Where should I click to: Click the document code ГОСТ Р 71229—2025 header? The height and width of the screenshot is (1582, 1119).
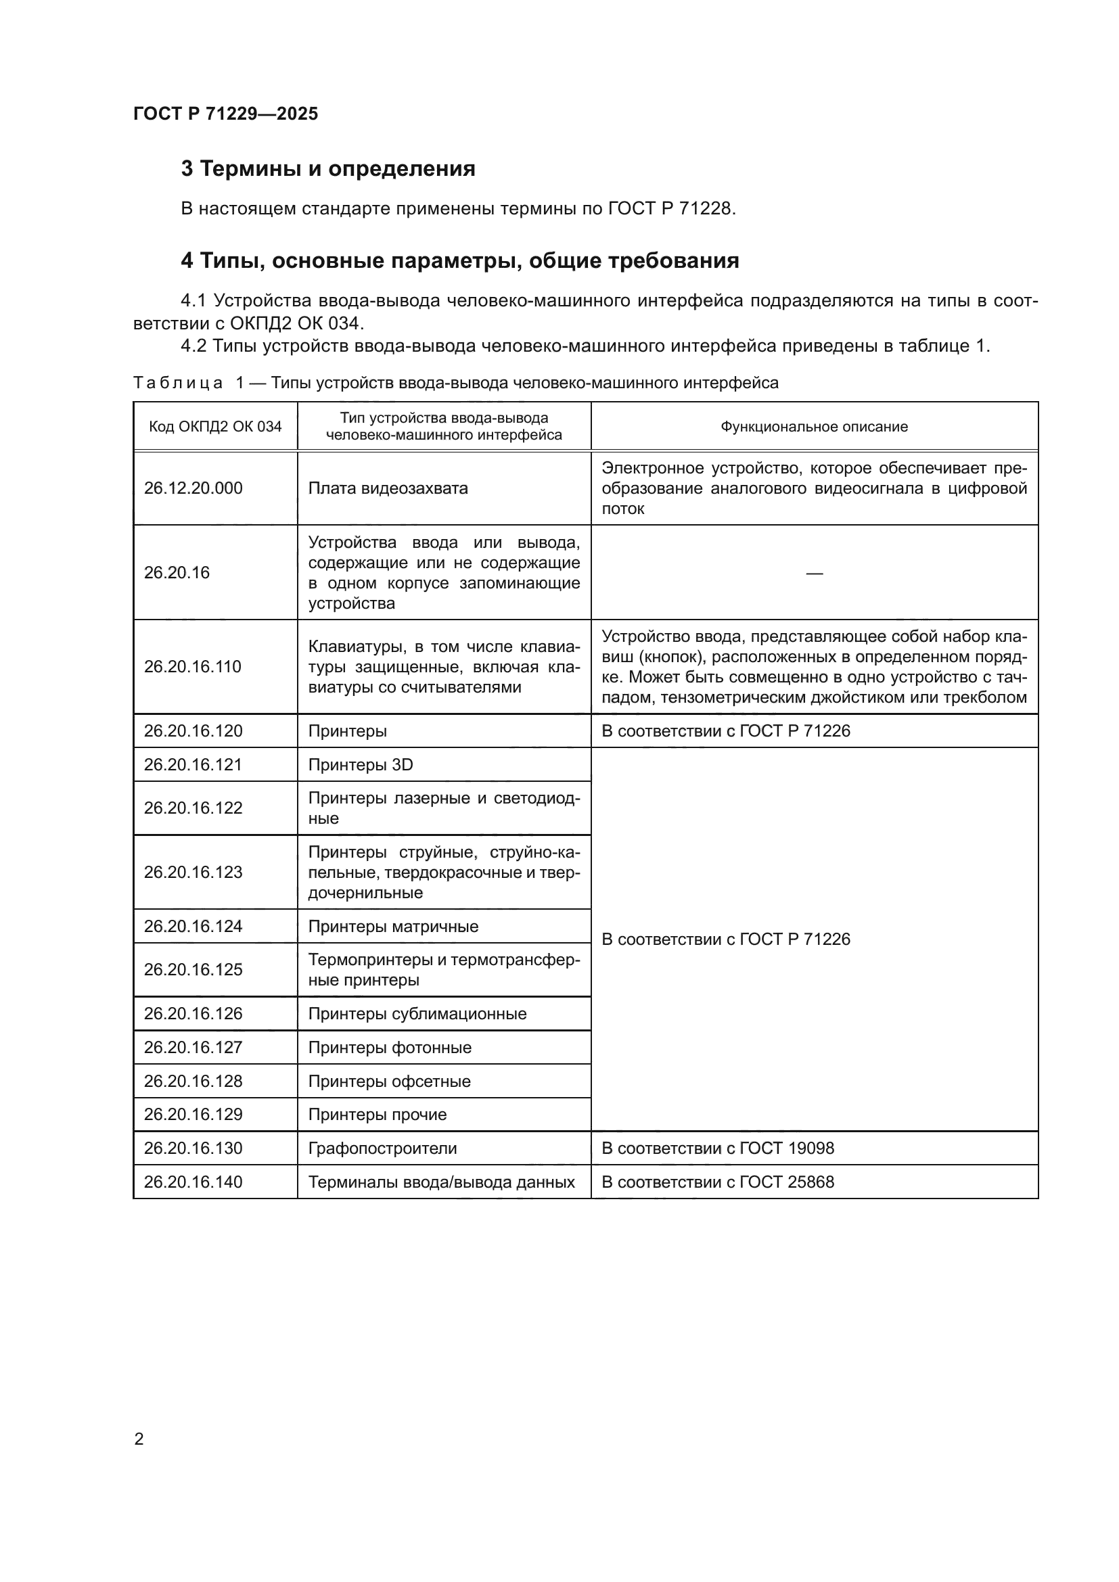(x=225, y=114)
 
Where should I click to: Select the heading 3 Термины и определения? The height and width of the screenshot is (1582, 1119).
(x=328, y=169)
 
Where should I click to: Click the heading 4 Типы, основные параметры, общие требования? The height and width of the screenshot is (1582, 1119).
(x=459, y=260)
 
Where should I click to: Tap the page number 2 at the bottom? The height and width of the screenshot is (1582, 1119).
(x=139, y=1439)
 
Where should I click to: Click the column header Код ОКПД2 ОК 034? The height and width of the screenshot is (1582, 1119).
(x=215, y=427)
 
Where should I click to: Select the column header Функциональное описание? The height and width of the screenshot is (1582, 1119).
(x=814, y=427)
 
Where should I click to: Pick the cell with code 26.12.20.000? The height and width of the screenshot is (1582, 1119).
(x=193, y=488)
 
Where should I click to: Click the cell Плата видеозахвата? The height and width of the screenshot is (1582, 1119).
(x=388, y=488)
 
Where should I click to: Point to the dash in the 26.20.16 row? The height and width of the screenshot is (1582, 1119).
(x=814, y=573)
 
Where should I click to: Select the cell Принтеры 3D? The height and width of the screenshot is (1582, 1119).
(x=361, y=765)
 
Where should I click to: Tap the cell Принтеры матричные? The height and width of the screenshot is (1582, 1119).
(x=393, y=926)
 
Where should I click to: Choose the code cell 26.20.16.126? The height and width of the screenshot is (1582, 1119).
(x=193, y=1014)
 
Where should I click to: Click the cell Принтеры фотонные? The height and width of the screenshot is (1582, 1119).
(x=389, y=1047)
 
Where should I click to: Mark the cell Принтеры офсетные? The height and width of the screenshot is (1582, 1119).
(x=389, y=1081)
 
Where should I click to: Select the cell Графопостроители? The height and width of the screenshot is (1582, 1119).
(x=382, y=1148)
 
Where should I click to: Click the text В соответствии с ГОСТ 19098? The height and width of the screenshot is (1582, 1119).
(x=717, y=1148)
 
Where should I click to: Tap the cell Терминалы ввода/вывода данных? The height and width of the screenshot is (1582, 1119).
(x=441, y=1182)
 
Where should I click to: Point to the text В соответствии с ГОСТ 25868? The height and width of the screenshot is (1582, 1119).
(x=717, y=1182)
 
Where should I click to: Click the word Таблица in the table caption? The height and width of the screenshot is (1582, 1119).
(x=178, y=382)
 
